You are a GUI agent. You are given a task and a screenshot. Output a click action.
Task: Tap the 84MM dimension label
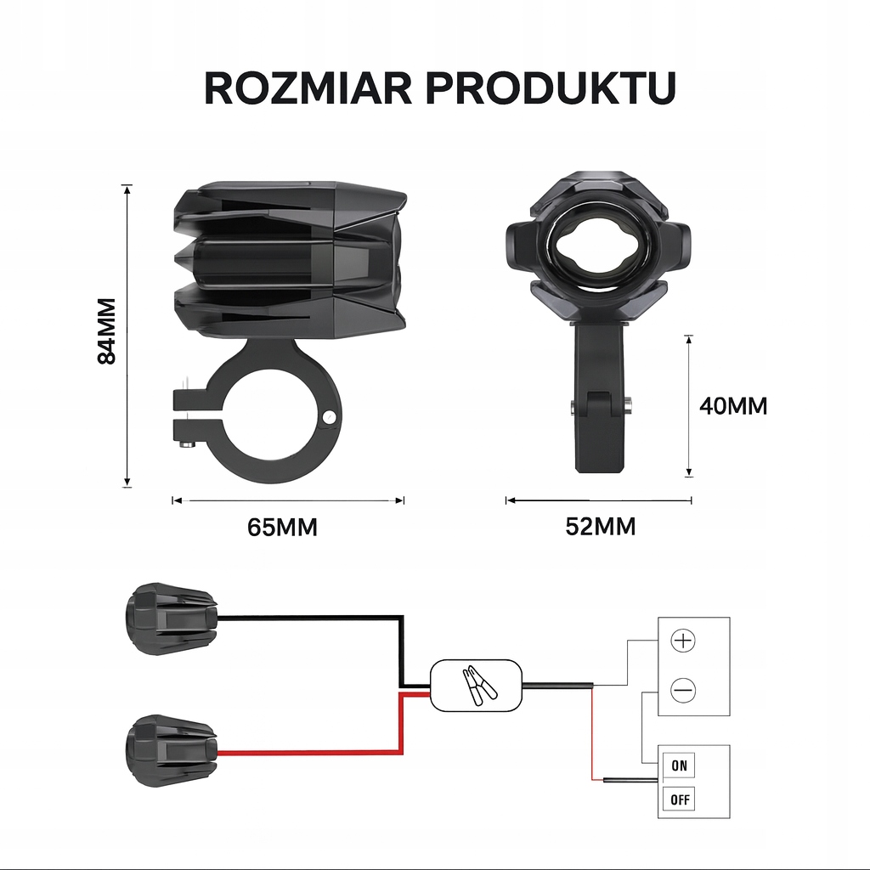(107, 331)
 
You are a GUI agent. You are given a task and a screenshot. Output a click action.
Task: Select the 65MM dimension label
(282, 528)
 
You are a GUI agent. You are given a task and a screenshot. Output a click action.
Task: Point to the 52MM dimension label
(600, 528)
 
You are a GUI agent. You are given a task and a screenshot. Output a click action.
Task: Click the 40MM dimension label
(732, 406)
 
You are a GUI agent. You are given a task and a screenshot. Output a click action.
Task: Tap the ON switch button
(679, 766)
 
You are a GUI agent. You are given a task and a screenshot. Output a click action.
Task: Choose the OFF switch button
(679, 799)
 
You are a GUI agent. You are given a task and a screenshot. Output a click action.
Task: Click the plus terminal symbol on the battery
(683, 641)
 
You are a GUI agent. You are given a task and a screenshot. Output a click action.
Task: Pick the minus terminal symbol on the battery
(683, 690)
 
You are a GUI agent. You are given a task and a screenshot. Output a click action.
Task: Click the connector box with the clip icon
(475, 685)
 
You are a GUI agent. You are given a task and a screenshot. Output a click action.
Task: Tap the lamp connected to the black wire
(170, 618)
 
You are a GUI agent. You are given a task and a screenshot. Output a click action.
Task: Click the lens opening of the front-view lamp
(597, 246)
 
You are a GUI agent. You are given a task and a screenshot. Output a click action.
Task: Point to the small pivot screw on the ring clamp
(330, 416)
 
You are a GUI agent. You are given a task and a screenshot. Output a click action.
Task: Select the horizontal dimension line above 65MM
(288, 500)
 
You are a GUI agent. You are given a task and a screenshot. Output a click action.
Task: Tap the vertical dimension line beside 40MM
(689, 405)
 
